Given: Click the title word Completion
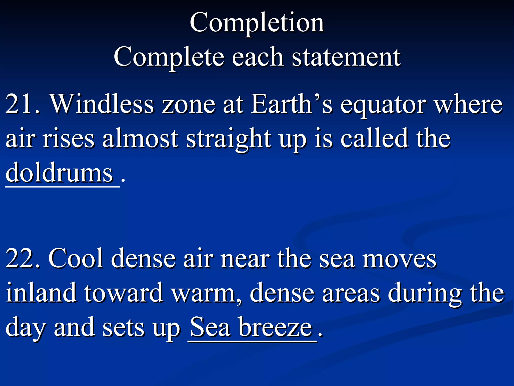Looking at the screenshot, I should [257, 23].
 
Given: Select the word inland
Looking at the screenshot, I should [41, 293].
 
